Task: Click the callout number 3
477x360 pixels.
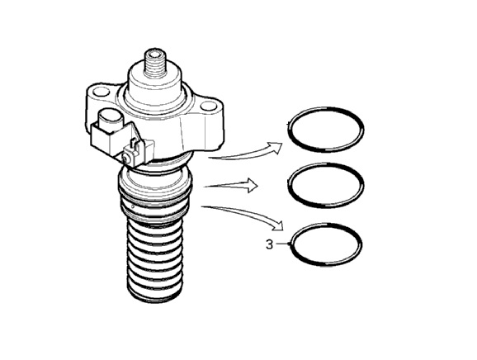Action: point(270,244)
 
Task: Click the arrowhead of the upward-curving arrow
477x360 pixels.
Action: point(276,147)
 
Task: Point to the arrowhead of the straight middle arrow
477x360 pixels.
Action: point(253,185)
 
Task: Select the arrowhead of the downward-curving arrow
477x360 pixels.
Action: point(277,226)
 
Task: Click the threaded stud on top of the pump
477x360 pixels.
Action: point(154,64)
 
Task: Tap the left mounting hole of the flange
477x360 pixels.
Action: point(102,92)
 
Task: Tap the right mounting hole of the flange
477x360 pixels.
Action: point(209,107)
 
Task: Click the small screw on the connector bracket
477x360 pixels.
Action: point(125,158)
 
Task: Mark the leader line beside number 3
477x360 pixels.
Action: point(281,244)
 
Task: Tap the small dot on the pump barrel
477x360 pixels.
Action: point(133,207)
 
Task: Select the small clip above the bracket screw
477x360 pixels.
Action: point(134,144)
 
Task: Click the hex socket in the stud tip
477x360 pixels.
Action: point(155,55)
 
